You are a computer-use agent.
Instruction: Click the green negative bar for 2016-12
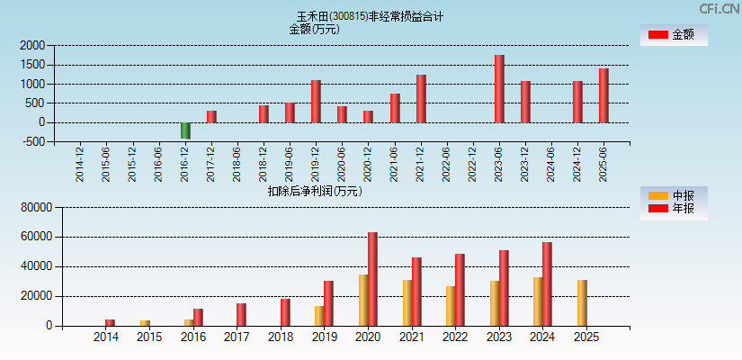pyautogui.click(x=185, y=130)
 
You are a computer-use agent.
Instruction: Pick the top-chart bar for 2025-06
pyautogui.click(x=603, y=95)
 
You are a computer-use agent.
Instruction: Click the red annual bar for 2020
pyautogui.click(x=372, y=279)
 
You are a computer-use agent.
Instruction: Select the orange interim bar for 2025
pyautogui.click(x=582, y=302)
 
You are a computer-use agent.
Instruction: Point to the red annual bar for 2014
pyautogui.click(x=110, y=322)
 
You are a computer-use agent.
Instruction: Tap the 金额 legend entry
pyautogui.click(x=674, y=35)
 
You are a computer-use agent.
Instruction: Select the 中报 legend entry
pyautogui.click(x=674, y=195)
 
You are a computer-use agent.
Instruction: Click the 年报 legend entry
pyautogui.click(x=674, y=209)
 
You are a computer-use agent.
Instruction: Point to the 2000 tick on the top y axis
pyautogui.click(x=32, y=45)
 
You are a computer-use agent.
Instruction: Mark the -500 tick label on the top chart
pyautogui.click(x=32, y=142)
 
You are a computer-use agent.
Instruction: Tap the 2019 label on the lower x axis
pyautogui.click(x=324, y=337)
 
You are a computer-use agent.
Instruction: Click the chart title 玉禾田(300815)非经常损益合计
pyautogui.click(x=370, y=16)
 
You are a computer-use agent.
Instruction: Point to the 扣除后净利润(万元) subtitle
pyautogui.click(x=314, y=191)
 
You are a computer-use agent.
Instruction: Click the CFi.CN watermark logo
pyautogui.click(x=719, y=9)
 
